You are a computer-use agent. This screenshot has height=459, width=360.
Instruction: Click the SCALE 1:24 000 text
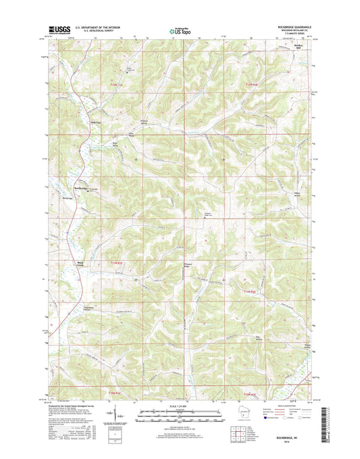(180, 406)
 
